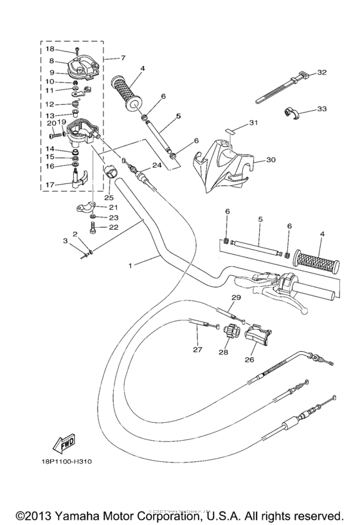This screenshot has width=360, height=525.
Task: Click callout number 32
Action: (x=323, y=72)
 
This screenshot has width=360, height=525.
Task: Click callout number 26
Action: (x=248, y=360)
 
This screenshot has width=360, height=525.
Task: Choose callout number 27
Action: (x=197, y=351)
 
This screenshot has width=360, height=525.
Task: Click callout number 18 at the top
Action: (x=50, y=49)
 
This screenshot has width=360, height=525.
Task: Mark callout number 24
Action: (x=156, y=165)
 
